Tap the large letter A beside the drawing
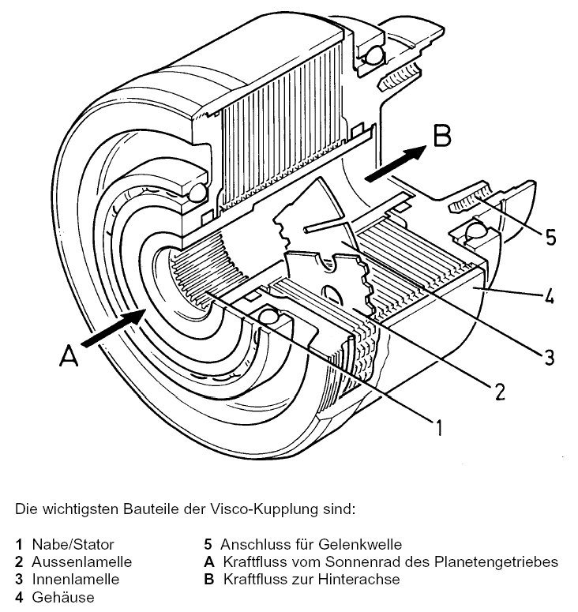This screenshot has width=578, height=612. pyautogui.click(x=70, y=359)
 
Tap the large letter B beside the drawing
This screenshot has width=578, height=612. pyautogui.click(x=442, y=135)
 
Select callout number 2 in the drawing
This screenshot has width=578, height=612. pyautogui.click(x=498, y=388)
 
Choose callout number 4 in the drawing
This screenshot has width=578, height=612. pyautogui.click(x=547, y=298)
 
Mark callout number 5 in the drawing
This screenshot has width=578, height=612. pyautogui.click(x=550, y=237)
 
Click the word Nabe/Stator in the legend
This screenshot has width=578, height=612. pyautogui.click(x=73, y=544)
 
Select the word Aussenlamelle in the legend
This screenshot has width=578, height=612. pyautogui.click(x=81, y=561)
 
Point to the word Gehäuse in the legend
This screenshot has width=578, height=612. pyautogui.click(x=62, y=597)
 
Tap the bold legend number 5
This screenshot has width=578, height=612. pyautogui.click(x=208, y=544)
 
